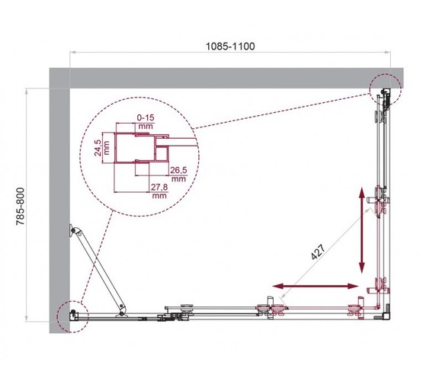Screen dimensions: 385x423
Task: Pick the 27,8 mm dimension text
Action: pos(159,191)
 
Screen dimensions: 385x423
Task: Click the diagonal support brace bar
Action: pos(97,270)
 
